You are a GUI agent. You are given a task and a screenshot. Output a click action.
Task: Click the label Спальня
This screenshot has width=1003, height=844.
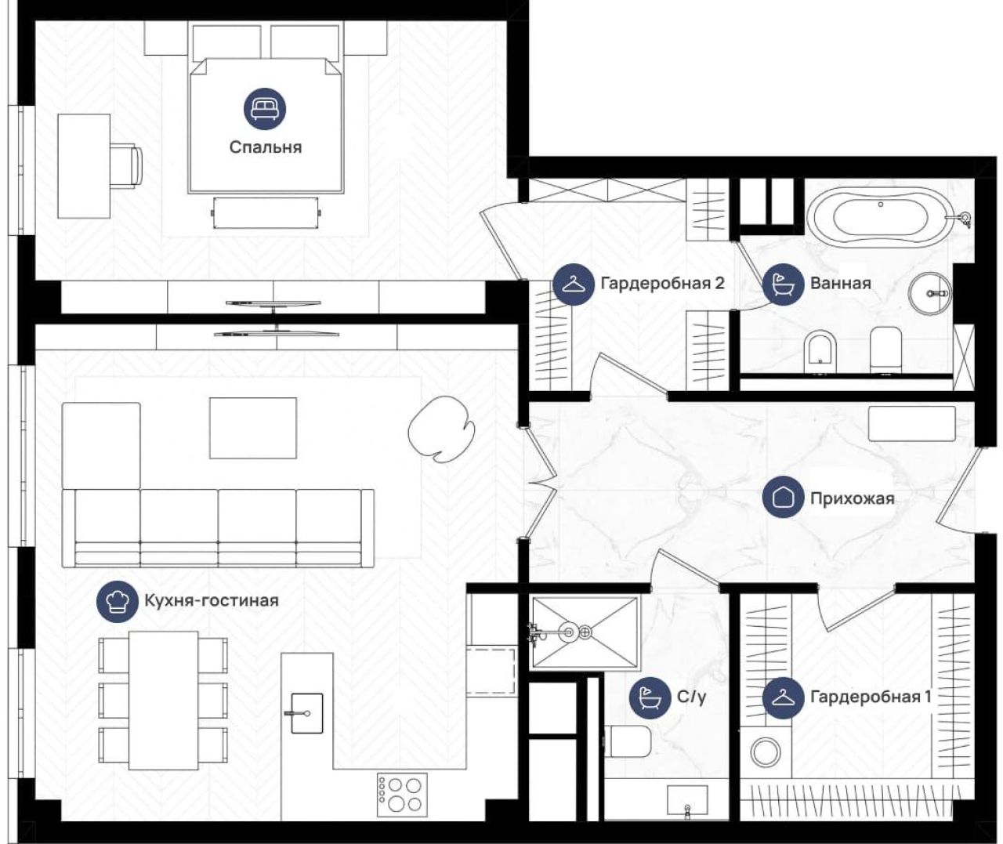coord(265,147)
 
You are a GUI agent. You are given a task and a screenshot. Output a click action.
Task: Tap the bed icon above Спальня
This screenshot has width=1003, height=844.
coord(265,109)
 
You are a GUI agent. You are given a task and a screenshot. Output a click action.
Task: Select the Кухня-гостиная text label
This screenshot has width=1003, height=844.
coord(212,600)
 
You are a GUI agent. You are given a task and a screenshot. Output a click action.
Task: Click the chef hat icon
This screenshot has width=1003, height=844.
coord(118,600)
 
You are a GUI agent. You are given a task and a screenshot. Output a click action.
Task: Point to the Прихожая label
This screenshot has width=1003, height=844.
coord(853,498)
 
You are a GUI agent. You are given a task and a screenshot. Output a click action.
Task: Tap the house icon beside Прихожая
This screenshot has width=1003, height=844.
coord(783,497)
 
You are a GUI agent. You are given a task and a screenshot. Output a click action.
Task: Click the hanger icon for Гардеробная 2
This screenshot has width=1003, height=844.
coord(573,284)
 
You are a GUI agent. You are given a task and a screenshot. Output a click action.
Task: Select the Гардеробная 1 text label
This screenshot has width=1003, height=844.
coord(871,697)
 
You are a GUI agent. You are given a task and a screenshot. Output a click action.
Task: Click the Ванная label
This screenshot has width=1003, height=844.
coord(841,283)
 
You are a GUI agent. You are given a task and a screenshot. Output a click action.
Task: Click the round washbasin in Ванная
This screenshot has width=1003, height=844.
coord(930,293)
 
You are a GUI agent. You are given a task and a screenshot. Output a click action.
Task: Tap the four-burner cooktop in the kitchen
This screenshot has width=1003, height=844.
coord(401,794)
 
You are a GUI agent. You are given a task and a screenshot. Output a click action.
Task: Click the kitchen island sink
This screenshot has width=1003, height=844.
coord(306,713)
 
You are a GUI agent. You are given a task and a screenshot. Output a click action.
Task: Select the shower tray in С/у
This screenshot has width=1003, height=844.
coord(584,632)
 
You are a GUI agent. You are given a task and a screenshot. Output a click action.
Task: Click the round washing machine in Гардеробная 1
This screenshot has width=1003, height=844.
coord(765,753)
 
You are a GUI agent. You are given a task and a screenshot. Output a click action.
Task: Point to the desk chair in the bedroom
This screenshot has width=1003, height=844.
coord(126,165)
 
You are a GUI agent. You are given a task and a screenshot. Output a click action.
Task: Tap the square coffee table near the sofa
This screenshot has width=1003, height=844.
coord(252,428)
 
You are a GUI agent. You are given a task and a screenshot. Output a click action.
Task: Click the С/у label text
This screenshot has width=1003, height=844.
coord(692,697)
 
